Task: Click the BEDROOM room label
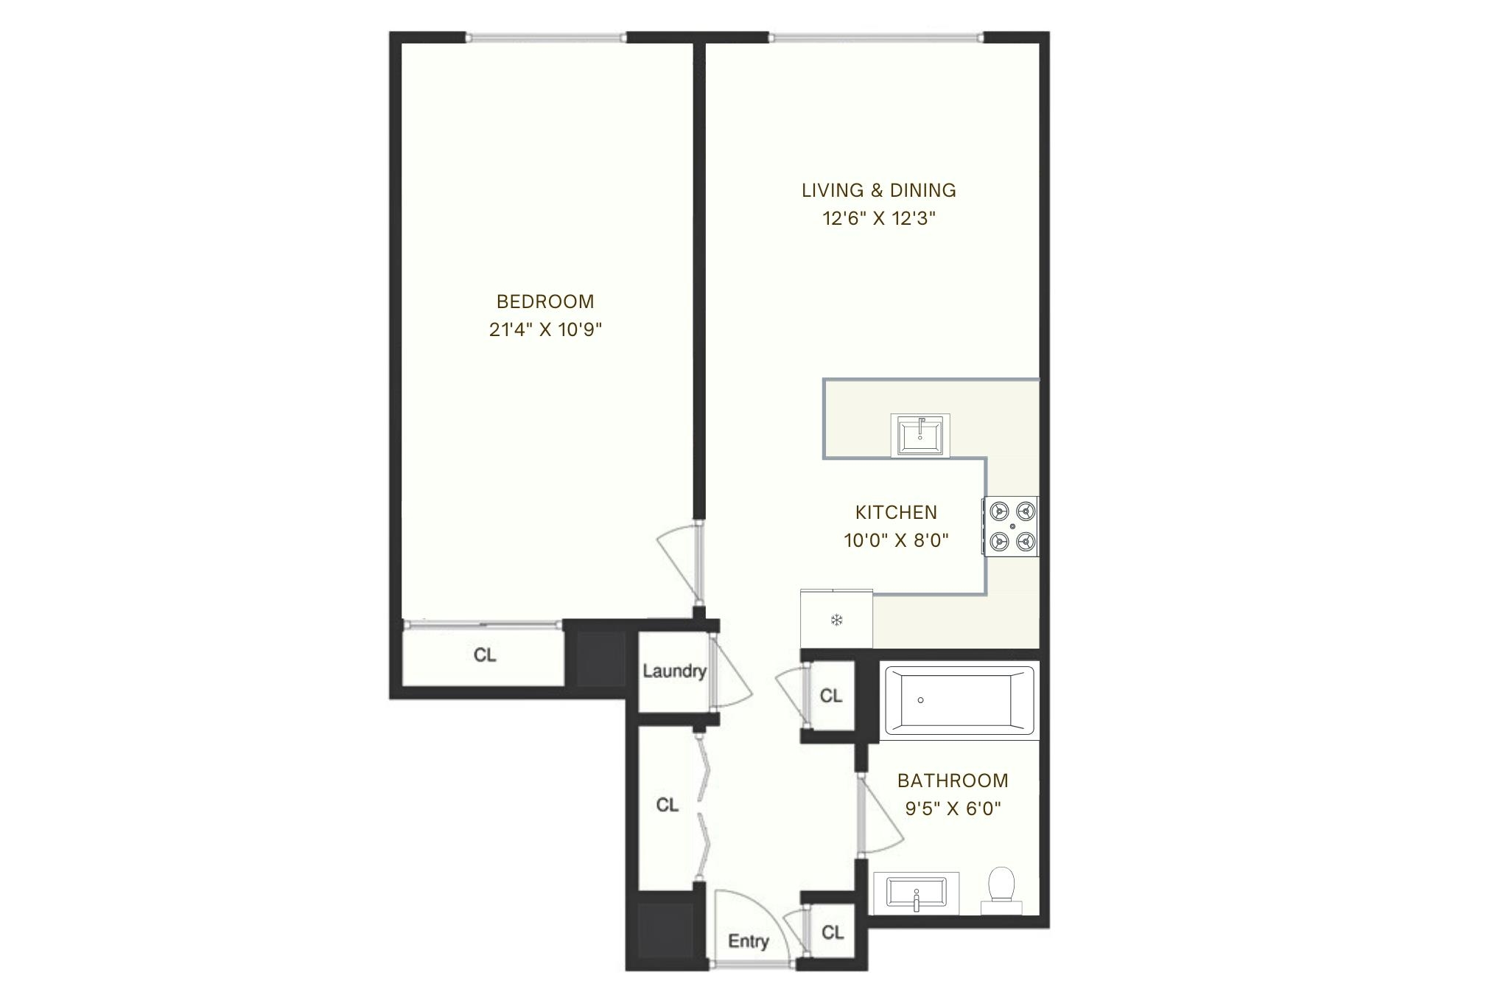(545, 301)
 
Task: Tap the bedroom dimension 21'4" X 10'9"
(545, 329)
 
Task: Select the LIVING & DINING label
(878, 190)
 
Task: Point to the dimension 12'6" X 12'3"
(878, 218)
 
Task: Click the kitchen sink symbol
(920, 435)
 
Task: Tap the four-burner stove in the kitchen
(1011, 526)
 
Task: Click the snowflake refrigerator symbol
(836, 620)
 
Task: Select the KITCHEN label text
(896, 512)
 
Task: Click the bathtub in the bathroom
(959, 700)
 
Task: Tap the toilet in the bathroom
(1001, 886)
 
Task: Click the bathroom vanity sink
(916, 893)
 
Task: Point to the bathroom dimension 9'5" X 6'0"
(953, 809)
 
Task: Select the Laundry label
(673, 671)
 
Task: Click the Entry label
(748, 941)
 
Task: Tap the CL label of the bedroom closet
(484, 654)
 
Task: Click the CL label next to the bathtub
(830, 696)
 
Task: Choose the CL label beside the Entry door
(832, 932)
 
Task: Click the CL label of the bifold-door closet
(667, 805)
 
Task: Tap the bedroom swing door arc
(676, 564)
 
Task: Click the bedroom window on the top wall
(545, 38)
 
